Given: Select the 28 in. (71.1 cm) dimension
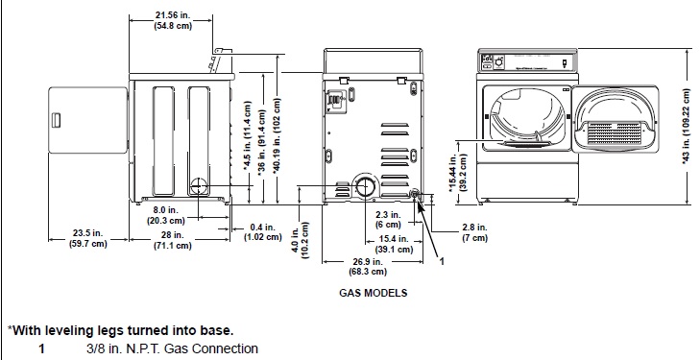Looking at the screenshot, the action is click(x=172, y=240).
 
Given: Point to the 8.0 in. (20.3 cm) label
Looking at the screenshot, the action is click(x=165, y=215).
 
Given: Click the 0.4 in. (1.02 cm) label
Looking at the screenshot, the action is click(x=262, y=232).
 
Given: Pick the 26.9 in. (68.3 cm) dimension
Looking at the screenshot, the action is click(x=368, y=266).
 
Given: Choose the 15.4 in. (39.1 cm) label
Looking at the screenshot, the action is click(x=394, y=244).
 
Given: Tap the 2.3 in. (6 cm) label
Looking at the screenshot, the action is click(x=388, y=220).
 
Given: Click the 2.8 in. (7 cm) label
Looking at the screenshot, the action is click(x=474, y=232).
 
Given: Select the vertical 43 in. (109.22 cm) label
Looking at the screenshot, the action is click(x=687, y=127).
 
